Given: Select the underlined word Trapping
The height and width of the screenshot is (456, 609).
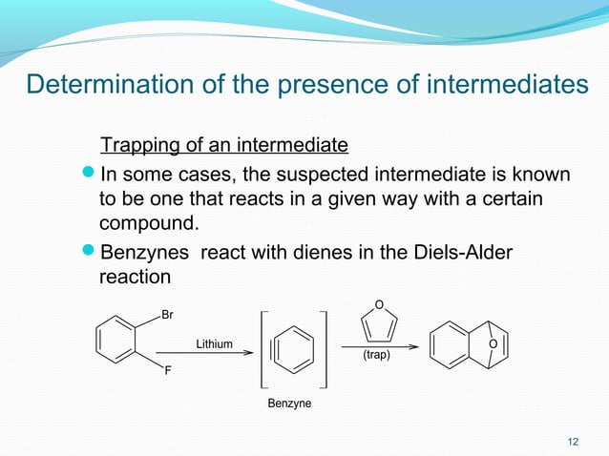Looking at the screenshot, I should click(140, 146).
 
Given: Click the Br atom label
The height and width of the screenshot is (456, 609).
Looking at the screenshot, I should click(168, 314).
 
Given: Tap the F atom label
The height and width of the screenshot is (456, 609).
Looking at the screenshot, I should click(167, 372).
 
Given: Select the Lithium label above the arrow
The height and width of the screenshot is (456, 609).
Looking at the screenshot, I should click(214, 343).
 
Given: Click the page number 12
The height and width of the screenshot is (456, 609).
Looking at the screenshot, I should click(573, 440).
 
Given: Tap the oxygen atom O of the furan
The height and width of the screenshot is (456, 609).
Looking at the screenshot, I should click(379, 305).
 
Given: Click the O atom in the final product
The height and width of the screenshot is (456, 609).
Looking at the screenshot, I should click(493, 344).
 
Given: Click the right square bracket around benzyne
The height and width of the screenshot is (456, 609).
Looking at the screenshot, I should click(325, 348).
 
